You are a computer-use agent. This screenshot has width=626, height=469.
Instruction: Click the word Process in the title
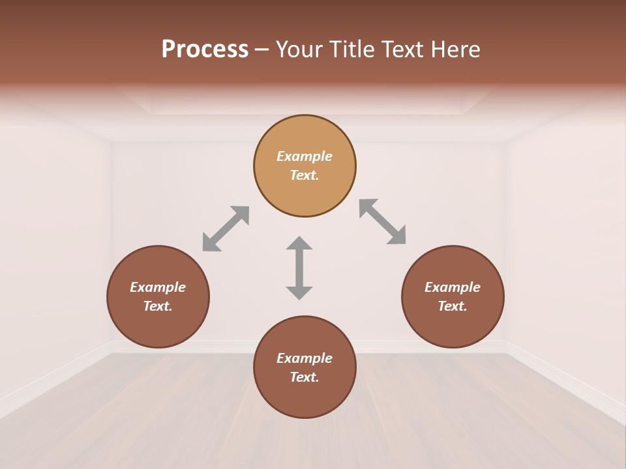click(205, 50)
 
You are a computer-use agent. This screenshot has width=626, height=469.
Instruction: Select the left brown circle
click(158, 326)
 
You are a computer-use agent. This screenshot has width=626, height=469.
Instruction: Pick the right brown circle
click(453, 326)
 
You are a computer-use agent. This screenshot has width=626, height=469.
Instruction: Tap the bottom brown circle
click(305, 397)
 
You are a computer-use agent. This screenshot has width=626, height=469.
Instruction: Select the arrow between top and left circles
click(226, 229)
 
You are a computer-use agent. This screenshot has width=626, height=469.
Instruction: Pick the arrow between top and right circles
click(383, 222)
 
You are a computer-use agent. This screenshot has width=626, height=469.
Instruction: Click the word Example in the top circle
click(305, 156)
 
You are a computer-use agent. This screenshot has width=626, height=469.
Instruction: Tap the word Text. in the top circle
click(305, 175)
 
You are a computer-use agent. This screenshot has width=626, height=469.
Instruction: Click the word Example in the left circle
click(158, 287)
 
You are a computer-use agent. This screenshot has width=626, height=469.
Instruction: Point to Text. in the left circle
click(158, 306)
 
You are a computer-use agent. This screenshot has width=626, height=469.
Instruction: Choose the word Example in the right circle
click(453, 287)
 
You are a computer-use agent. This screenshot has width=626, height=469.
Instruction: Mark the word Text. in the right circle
click(453, 306)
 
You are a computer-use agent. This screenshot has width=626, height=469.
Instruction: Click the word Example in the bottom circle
click(305, 358)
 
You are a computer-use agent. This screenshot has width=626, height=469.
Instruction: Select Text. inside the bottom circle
click(305, 377)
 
